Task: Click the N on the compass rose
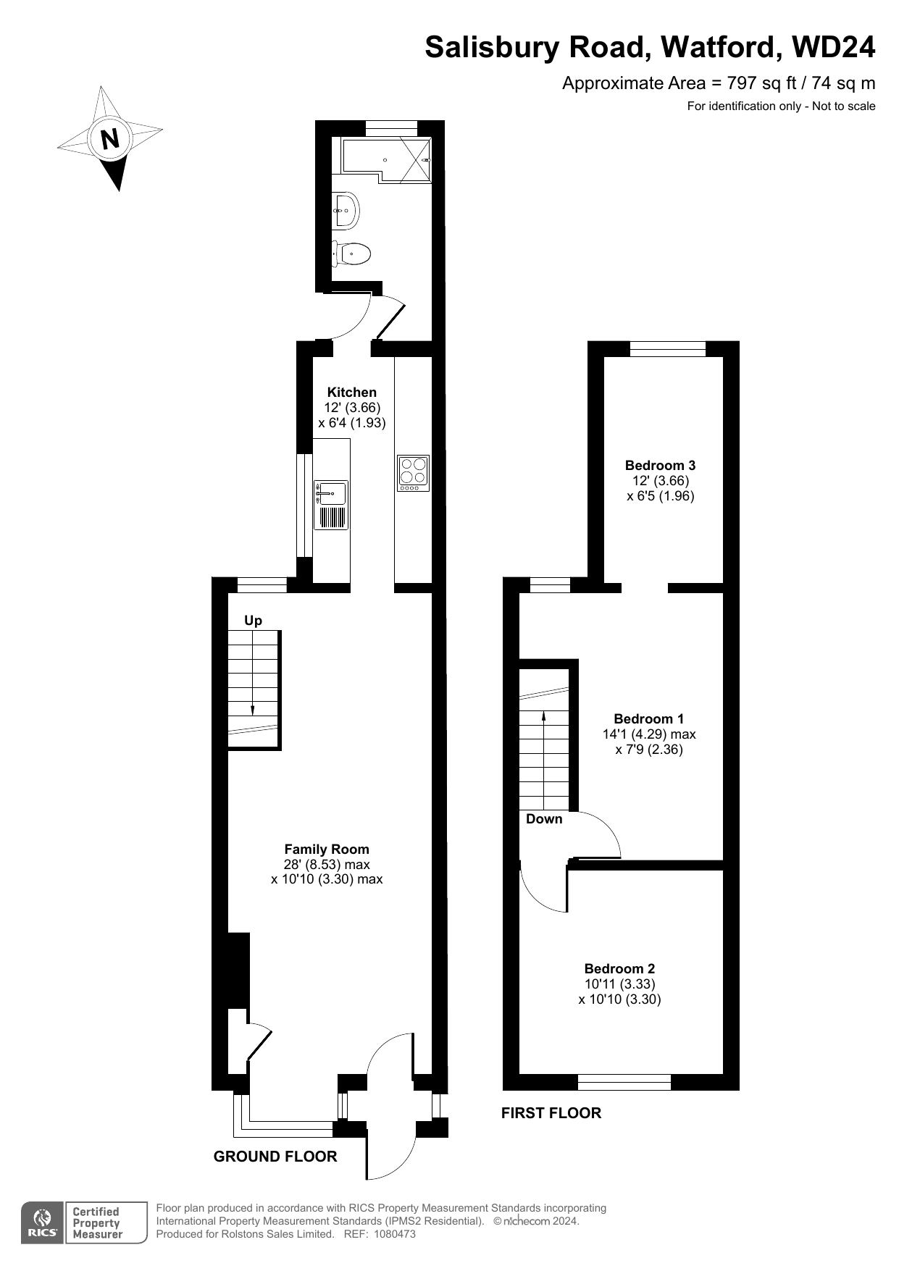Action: coord(110,138)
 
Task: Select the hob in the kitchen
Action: coord(413,473)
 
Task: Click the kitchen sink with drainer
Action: coord(331,504)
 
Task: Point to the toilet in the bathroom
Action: coord(351,253)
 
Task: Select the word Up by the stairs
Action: coord(253,621)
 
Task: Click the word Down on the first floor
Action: coord(544,818)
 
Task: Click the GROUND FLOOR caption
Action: coord(275,1157)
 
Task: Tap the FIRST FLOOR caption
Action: coord(551,1113)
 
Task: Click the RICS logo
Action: coord(43,1222)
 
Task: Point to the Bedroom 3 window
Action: coord(668,349)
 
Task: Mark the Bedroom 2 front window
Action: coord(624,1083)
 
